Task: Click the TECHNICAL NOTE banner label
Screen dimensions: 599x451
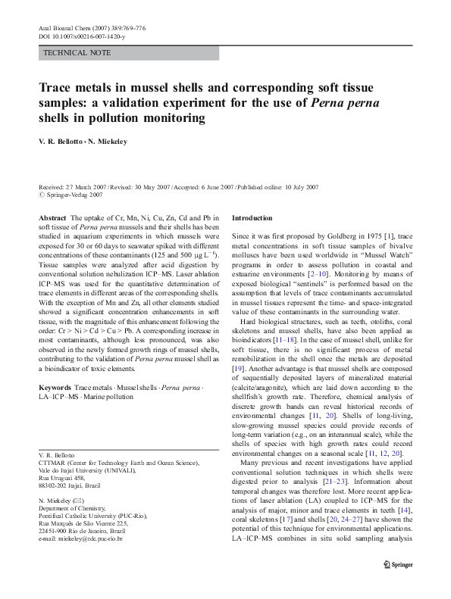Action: click(x=78, y=53)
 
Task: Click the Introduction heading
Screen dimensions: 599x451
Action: click(x=252, y=218)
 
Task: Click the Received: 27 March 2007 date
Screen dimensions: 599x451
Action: click(x=71, y=186)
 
